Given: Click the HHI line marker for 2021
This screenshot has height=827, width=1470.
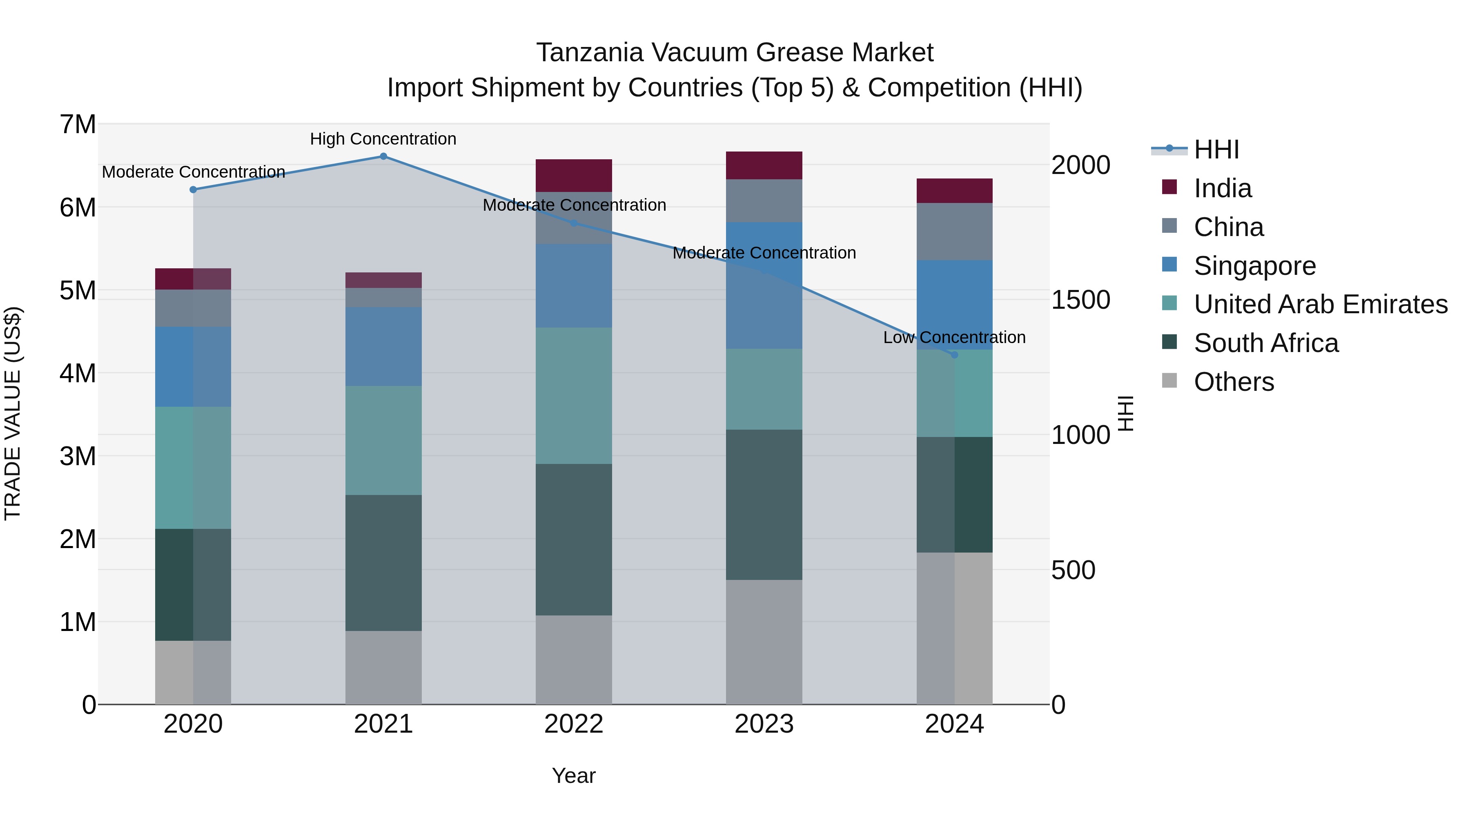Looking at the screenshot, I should click(383, 156).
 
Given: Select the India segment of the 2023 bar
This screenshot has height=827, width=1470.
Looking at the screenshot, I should click(764, 165).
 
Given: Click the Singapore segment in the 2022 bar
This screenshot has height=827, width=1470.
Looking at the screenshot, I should click(574, 285).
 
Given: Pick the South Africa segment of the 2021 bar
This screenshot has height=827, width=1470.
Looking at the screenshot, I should click(383, 563).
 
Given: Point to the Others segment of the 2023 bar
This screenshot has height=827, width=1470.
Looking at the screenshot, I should click(764, 642).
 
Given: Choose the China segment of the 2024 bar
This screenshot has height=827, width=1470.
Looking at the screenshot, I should click(954, 232).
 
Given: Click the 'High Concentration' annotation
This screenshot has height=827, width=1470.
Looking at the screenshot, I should click(383, 139).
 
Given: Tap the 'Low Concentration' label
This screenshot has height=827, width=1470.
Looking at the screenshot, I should click(954, 337).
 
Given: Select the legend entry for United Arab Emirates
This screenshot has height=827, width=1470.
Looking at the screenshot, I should click(1321, 304).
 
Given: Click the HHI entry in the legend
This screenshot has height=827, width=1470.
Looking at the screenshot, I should click(1216, 149).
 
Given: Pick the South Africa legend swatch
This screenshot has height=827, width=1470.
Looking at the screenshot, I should click(1169, 342).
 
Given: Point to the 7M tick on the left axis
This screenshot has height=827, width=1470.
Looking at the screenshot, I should click(78, 125).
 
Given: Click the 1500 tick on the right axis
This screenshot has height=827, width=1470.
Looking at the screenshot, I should click(1081, 300).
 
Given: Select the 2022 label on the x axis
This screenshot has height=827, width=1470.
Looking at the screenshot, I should click(574, 724).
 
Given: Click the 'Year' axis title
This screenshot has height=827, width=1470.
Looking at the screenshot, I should click(574, 776).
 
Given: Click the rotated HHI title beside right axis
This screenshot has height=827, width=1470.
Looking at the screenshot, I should click(1125, 413).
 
